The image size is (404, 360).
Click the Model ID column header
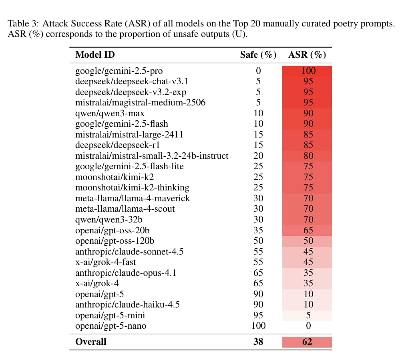coord(95,55)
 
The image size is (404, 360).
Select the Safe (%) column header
coord(258,55)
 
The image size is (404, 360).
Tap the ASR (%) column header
coord(307,55)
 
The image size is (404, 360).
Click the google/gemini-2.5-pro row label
coord(119,71)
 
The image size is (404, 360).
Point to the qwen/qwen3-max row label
coord(110,113)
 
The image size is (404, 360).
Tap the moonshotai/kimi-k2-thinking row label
coord(132,187)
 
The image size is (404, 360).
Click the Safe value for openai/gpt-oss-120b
coord(258,241)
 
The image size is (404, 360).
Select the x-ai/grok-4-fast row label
coord(105,262)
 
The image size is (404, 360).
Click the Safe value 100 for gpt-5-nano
coord(258,326)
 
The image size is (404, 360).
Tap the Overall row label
coord(91,342)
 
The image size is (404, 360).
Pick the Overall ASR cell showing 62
coord(307,342)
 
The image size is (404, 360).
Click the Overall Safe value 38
coord(258,342)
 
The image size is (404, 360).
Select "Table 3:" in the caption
coord(24,23)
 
